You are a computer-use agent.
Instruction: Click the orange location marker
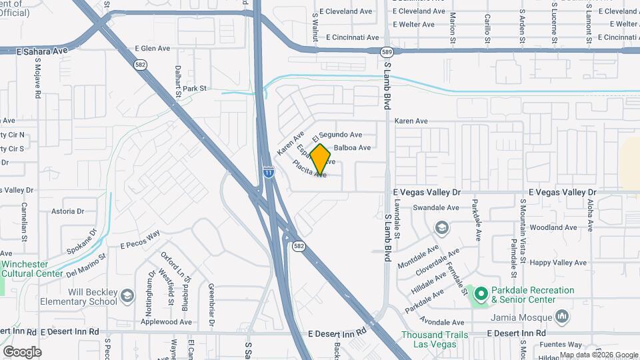tap(320, 159)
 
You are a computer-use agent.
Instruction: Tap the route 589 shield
tap(386, 51)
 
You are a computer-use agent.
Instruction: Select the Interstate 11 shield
tap(268, 171)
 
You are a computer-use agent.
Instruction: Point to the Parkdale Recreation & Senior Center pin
tap(480, 293)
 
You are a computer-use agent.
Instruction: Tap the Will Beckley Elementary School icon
tap(127, 295)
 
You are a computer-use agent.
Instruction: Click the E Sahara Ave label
tap(43, 50)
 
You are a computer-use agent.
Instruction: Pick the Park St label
tap(195, 88)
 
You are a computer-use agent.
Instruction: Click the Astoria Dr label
tap(68, 211)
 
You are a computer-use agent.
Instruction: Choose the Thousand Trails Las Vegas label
tap(435, 339)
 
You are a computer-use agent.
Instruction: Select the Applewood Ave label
tap(167, 321)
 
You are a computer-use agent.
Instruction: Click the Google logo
tap(22, 351)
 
